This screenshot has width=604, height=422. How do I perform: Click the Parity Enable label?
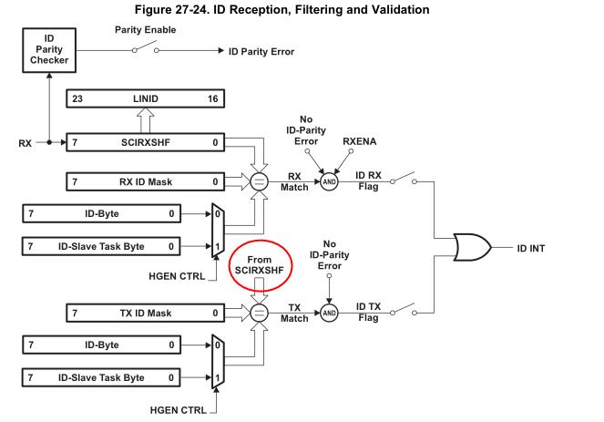coord(146,30)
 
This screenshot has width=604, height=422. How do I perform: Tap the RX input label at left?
coord(25,144)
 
